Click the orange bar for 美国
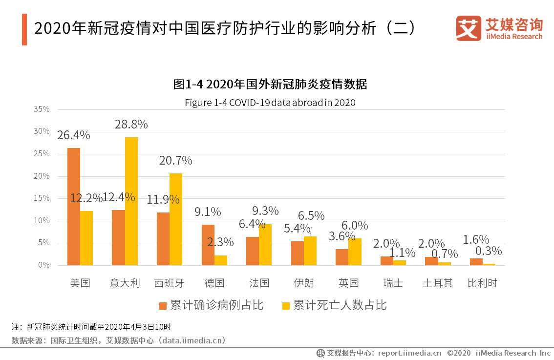pyautogui.click(x=74, y=207)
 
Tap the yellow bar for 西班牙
pyautogui.click(x=176, y=219)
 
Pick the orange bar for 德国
pyautogui.click(x=208, y=245)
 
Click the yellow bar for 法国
pyautogui.click(x=265, y=245)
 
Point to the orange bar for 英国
pyautogui.click(x=342, y=257)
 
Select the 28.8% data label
pyautogui.click(x=131, y=125)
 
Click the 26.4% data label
pyautogui.click(x=73, y=135)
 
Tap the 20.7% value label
pyautogui.click(x=176, y=161)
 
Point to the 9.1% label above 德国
pyautogui.click(x=208, y=212)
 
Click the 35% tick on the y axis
pyautogui.click(x=42, y=109)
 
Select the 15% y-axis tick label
pyautogui.click(x=42, y=198)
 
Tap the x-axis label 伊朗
pyautogui.click(x=304, y=283)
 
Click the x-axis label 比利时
pyautogui.click(x=482, y=283)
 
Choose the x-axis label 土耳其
pyautogui.click(x=438, y=283)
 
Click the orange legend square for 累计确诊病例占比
pyautogui.click(x=163, y=306)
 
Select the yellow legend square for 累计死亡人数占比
pyautogui.click(x=286, y=306)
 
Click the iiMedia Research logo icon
pyautogui.click(x=468, y=28)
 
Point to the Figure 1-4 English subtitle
pyautogui.click(x=270, y=103)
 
